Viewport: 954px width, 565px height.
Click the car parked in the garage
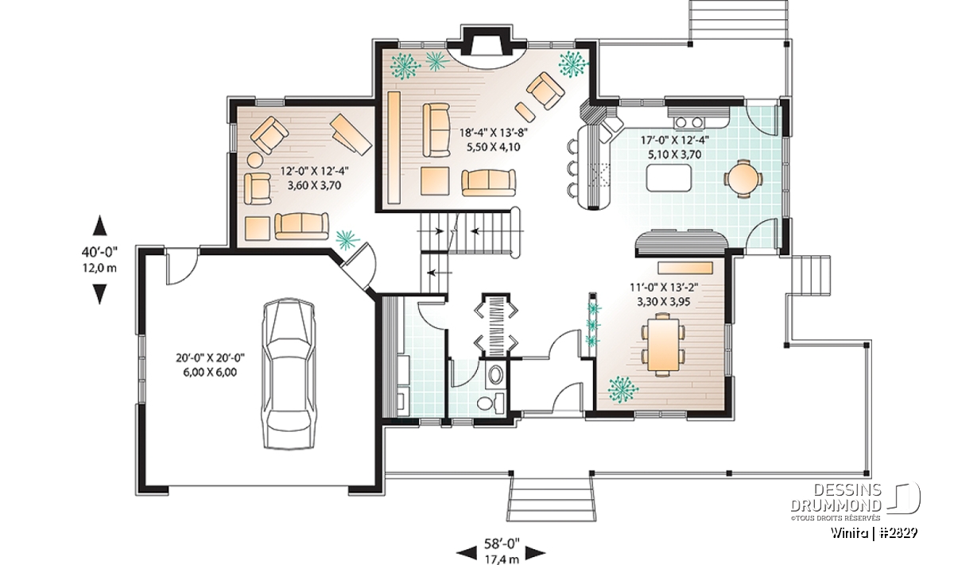pyautogui.click(x=289, y=374)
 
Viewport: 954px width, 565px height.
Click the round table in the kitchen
pyautogui.click(x=743, y=179)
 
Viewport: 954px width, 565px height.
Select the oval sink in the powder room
pyautogui.click(x=495, y=374)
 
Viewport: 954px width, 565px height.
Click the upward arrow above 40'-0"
pyautogui.click(x=100, y=225)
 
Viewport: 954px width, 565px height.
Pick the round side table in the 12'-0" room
pyautogui.click(x=255, y=161)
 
